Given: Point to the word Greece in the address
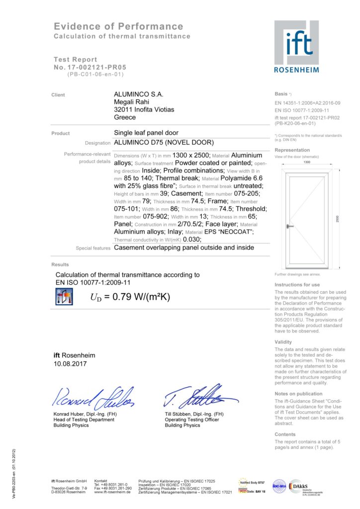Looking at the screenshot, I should [125, 117].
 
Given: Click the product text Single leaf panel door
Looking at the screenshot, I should [146, 133].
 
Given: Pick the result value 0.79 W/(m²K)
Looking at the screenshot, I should [130, 297].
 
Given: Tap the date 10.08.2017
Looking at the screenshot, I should [70, 364].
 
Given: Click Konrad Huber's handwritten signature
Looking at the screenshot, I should [92, 396].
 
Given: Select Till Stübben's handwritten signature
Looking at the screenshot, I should [198, 395].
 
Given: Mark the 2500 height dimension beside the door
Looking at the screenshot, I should [338, 218].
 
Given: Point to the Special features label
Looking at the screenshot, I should [93, 248].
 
